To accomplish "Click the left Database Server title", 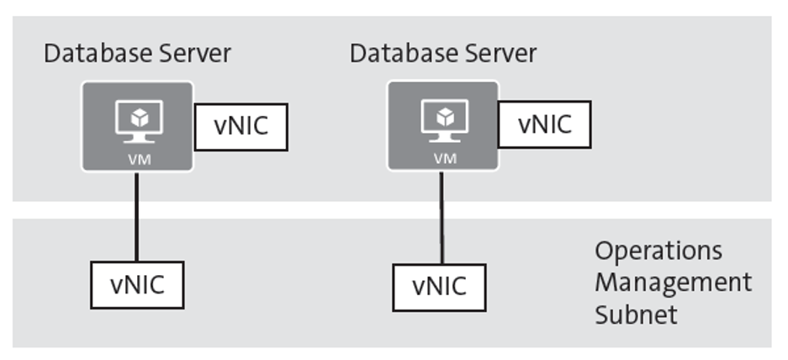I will point(137,54).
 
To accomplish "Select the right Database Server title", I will point(443,54).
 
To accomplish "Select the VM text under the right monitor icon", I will point(442,158).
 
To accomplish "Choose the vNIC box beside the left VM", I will point(241,127).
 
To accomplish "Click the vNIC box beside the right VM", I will point(544,124).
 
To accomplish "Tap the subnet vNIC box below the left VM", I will point(136,284).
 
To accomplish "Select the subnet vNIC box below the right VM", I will point(439,286).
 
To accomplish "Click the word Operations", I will point(658,251).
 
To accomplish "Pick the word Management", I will point(673,282).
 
